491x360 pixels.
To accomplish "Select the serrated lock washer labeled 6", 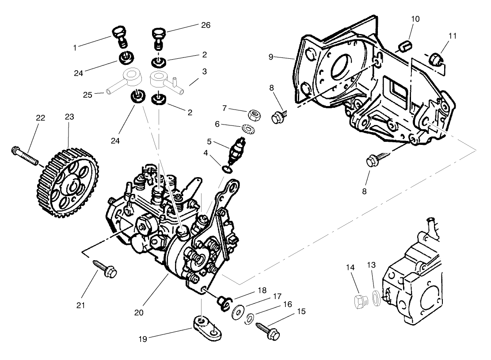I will tap(247, 128).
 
